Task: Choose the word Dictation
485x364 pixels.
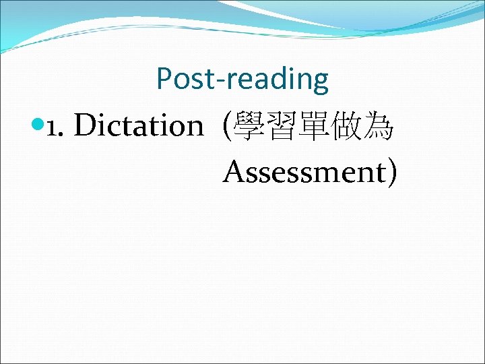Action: pyautogui.click(x=138, y=125)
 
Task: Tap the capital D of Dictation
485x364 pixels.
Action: pyautogui.click(x=84, y=125)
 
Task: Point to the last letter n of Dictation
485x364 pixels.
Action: pyautogui.click(x=195, y=128)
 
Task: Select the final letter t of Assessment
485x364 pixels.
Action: pyautogui.click(x=381, y=173)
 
